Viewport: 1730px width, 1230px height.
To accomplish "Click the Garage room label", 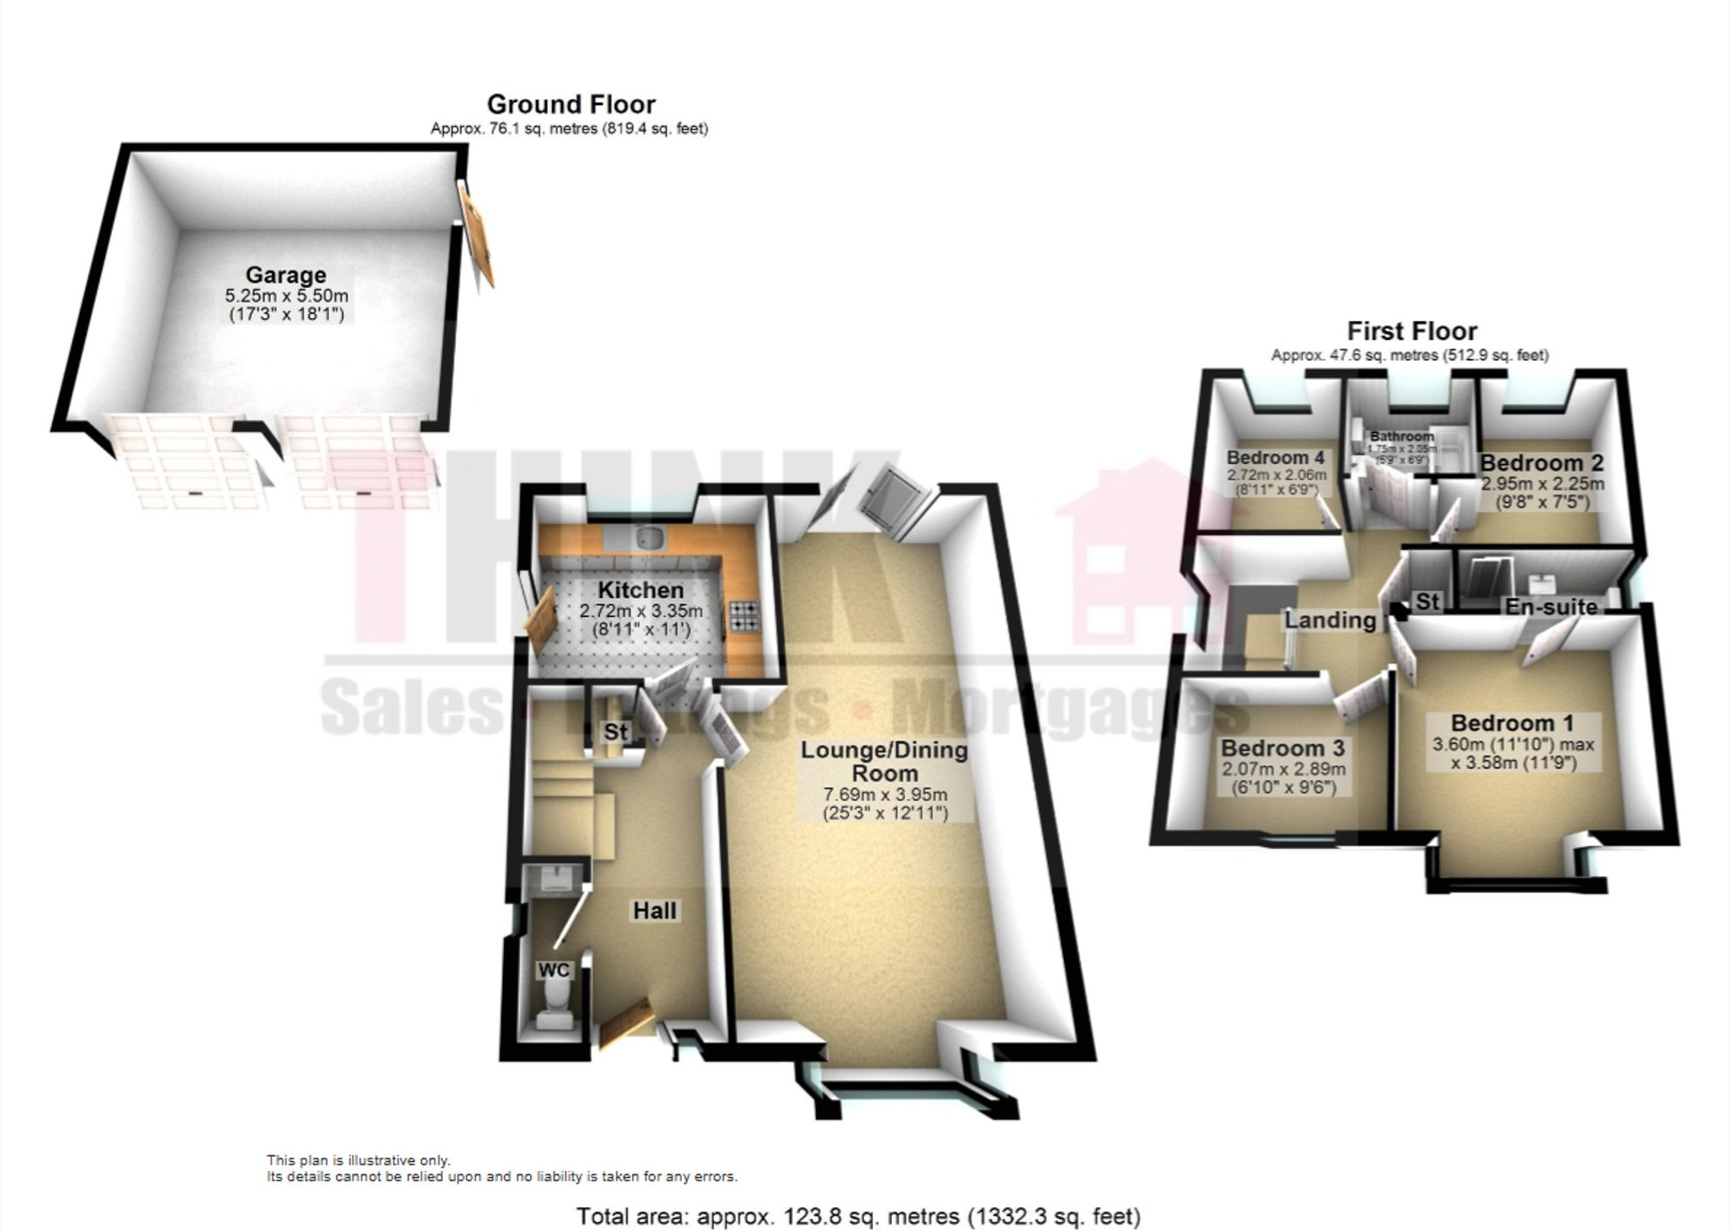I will (285, 275).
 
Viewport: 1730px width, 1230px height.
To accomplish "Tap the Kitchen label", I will (640, 590).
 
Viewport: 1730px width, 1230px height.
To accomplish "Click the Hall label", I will (654, 911).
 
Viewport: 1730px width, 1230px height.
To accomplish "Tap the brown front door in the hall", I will (626, 1023).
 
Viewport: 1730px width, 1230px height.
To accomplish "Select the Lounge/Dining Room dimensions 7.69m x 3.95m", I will (885, 795).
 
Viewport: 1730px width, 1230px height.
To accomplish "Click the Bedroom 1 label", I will (1512, 723).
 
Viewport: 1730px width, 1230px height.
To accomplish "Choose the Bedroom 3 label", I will (1283, 748).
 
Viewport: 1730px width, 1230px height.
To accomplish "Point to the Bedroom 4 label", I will (1275, 458).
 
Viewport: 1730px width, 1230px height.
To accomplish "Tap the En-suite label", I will (1551, 606).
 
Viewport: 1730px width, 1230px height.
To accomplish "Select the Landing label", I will (1330, 620).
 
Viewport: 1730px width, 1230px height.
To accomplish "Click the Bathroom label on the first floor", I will (1401, 436).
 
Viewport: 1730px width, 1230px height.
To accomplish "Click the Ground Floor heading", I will (570, 105).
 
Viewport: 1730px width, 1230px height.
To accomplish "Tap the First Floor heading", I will (1412, 331).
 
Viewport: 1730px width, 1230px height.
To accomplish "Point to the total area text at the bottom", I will (858, 1215).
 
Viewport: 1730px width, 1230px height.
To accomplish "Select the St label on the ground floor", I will (616, 732).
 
